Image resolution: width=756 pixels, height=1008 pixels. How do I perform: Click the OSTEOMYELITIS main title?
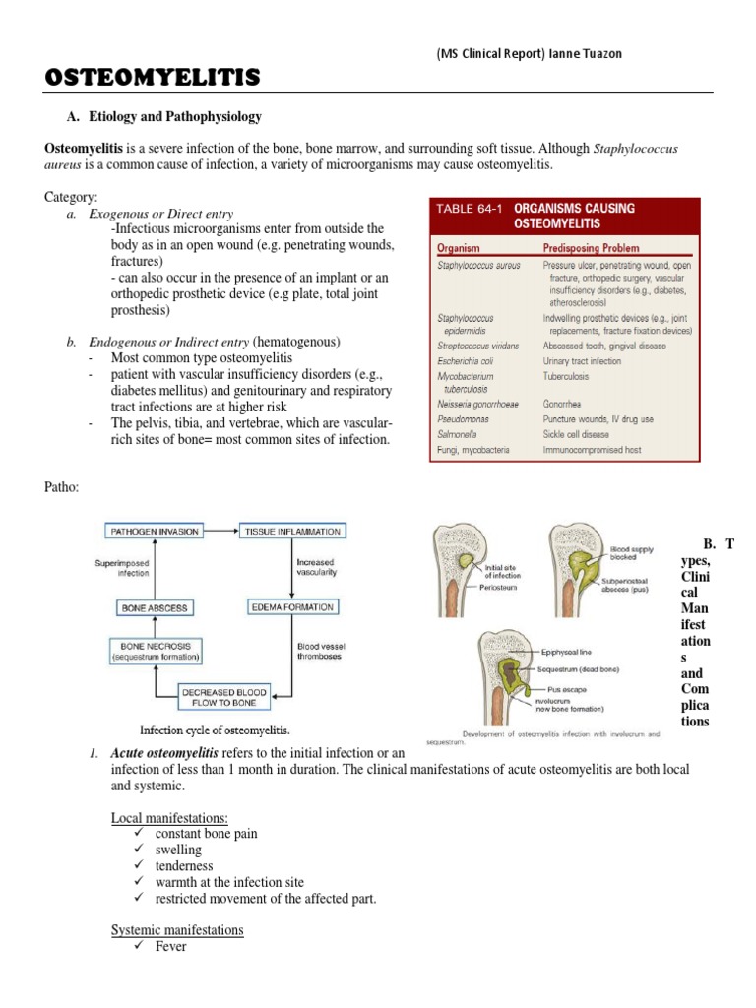pos(153,77)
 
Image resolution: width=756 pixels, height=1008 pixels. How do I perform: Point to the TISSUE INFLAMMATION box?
pos(292,532)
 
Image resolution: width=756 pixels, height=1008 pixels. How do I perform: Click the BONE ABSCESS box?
pos(154,608)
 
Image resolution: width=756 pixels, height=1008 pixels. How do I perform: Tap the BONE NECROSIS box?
pos(156,650)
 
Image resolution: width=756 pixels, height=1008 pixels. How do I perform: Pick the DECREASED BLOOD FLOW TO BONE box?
pos(225,698)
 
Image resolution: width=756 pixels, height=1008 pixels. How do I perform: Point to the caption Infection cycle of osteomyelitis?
pos(215,730)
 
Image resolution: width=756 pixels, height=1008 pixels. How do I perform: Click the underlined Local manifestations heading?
pos(169,818)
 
